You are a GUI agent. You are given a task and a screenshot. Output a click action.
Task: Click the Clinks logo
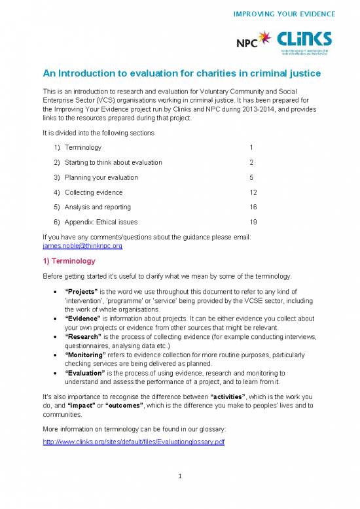coord(305,42)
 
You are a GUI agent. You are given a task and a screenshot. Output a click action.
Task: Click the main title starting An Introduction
coord(181,73)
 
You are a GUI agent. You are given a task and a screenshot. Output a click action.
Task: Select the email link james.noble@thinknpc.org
coord(82,246)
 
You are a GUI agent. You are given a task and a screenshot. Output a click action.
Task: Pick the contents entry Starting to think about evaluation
coord(113,162)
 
